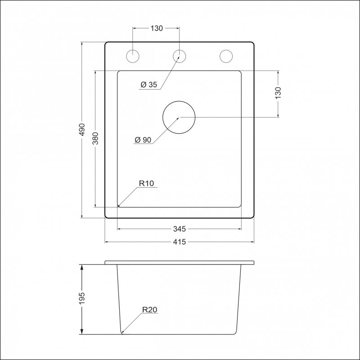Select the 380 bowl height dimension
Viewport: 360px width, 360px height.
tap(95, 138)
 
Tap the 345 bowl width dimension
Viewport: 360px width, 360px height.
tap(179, 229)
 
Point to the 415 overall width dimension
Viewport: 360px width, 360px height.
tap(179, 242)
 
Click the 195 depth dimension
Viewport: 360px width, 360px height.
tap(82, 298)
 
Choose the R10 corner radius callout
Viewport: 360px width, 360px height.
tap(146, 184)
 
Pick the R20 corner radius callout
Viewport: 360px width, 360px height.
tap(150, 310)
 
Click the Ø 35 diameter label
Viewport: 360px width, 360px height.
tap(149, 85)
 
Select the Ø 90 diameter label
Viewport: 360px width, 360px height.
tap(143, 140)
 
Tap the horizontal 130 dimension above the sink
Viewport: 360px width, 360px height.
tap(157, 28)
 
